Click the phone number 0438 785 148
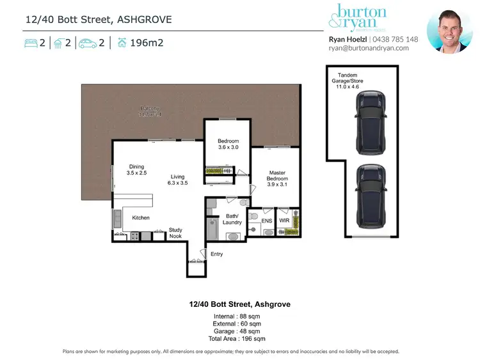[396, 39]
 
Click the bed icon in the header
[31, 43]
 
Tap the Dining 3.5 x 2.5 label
[137, 170]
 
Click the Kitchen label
[141, 218]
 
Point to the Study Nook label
[175, 233]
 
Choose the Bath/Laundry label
[233, 219]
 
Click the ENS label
[267, 221]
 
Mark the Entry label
[217, 254]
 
